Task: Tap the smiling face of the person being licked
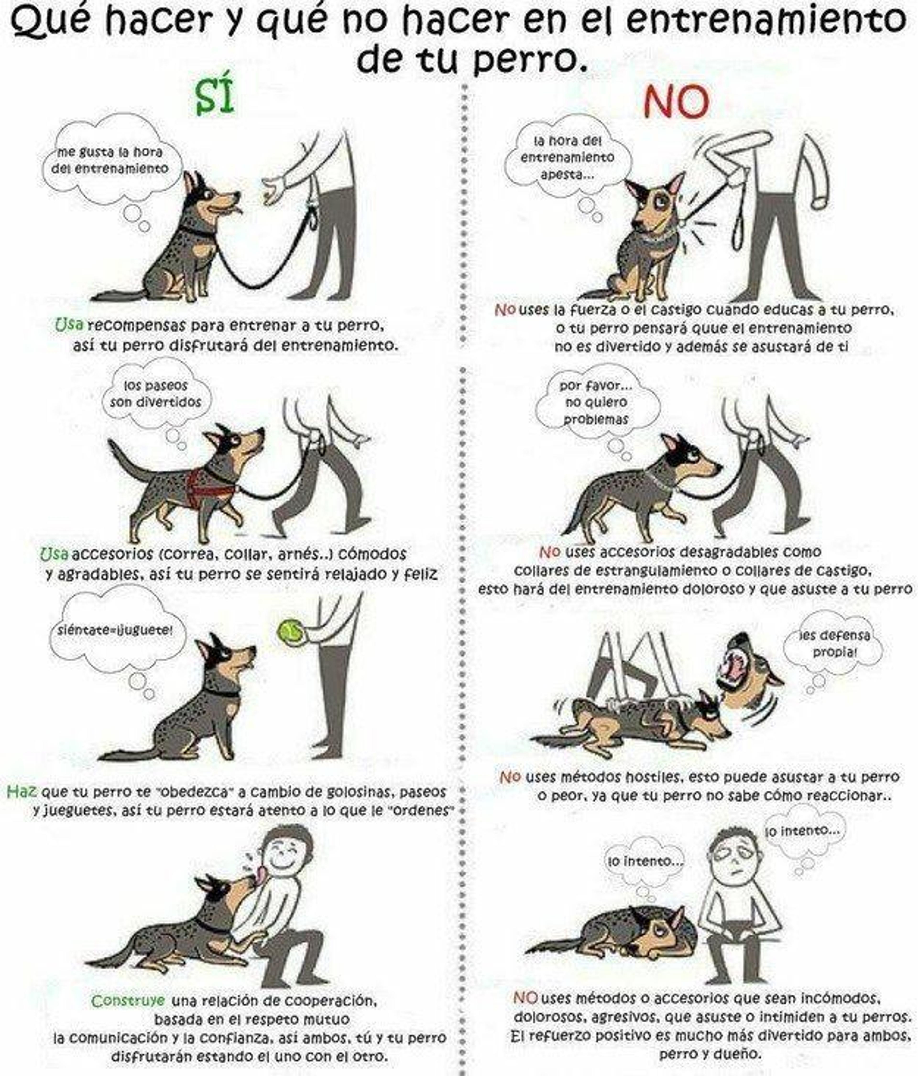click(x=283, y=857)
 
